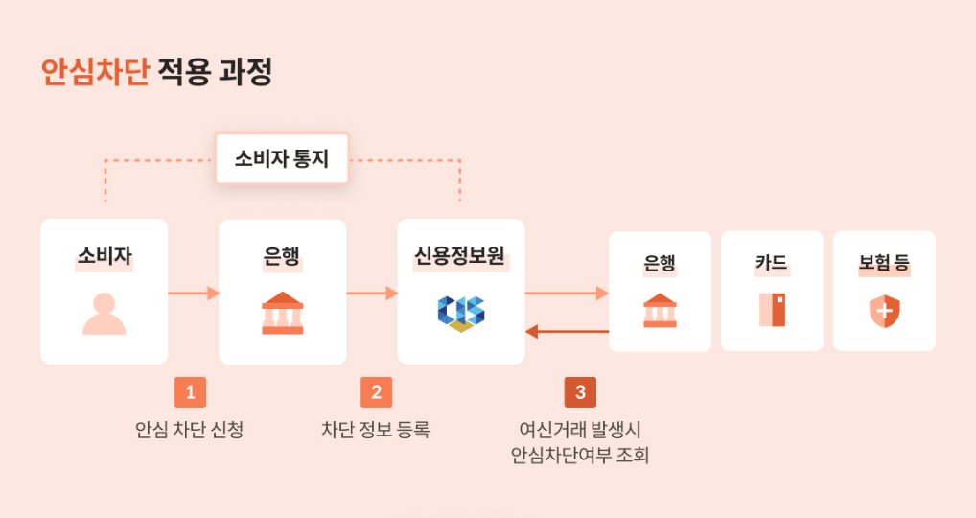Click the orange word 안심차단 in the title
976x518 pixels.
[x=95, y=73]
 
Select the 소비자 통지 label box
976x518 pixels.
[x=281, y=158]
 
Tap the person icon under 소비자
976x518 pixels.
[x=104, y=314]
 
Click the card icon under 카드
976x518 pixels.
[x=772, y=310]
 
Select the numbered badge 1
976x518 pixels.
[x=190, y=392]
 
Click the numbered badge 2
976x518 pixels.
[x=376, y=392]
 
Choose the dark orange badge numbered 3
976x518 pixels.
[x=580, y=392]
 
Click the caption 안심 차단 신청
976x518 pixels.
[x=190, y=430]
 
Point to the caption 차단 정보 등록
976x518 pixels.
[x=376, y=430]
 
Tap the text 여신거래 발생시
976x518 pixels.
[x=580, y=429]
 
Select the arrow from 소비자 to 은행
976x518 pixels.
[x=194, y=293]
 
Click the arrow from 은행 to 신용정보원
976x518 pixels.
[x=372, y=293]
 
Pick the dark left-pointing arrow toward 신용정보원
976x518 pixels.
[x=567, y=332]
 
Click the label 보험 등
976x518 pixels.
[x=884, y=262]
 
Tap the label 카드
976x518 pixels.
[x=772, y=262]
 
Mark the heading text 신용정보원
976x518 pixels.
[x=460, y=255]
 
